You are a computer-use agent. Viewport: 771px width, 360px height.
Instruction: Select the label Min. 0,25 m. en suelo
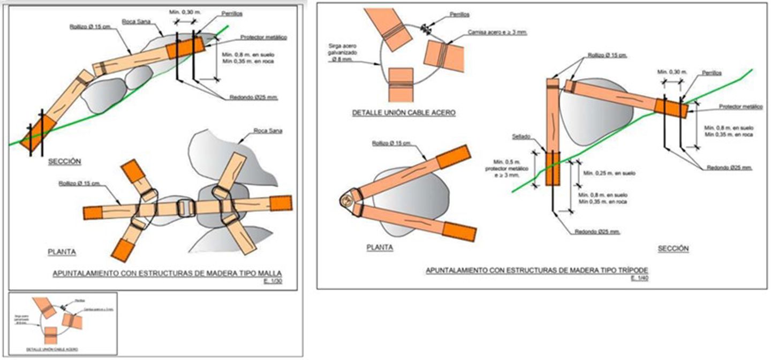609,173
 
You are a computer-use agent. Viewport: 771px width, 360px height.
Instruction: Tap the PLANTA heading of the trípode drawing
380,247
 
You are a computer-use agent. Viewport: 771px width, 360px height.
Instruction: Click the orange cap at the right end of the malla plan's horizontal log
281,204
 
